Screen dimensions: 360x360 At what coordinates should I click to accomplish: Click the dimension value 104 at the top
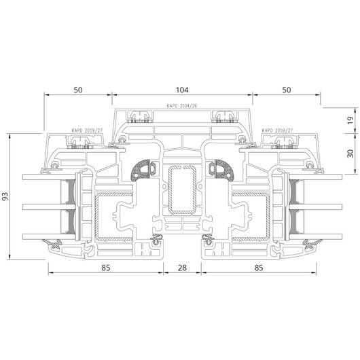pyautogui.click(x=182, y=90)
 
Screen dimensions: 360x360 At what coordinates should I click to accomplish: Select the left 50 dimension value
pyautogui.click(x=78, y=90)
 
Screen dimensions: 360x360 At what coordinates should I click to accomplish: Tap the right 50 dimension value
pyautogui.click(x=286, y=90)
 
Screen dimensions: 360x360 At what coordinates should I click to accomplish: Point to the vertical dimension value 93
pyautogui.click(x=5, y=196)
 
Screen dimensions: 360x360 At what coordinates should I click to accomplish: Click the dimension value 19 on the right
pyautogui.click(x=350, y=120)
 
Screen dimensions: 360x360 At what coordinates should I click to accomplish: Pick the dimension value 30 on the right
pyautogui.click(x=350, y=154)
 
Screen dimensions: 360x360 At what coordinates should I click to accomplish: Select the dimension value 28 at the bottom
pyautogui.click(x=182, y=268)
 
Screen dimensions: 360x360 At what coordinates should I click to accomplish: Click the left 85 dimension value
pyautogui.click(x=106, y=268)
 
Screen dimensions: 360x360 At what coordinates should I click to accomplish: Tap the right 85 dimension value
pyautogui.click(x=259, y=268)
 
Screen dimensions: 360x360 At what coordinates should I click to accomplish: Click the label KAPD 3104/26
pyautogui.click(x=182, y=106)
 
